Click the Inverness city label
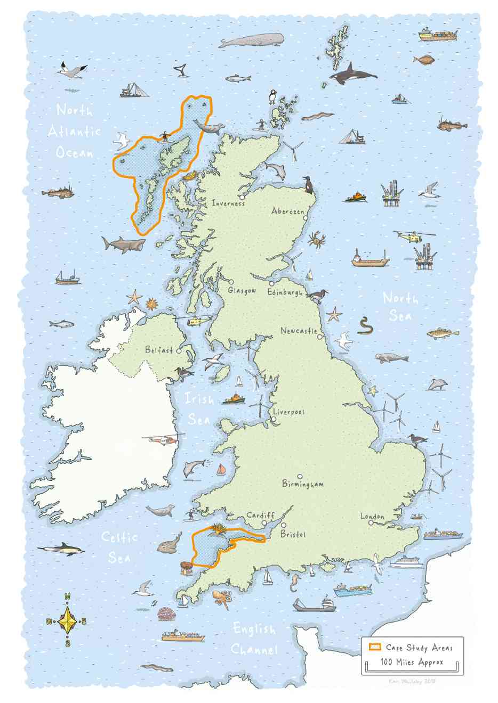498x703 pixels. coord(228,203)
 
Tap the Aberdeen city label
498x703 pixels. coord(287,211)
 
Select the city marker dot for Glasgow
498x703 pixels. coord(232,282)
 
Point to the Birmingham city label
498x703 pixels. coord(303,485)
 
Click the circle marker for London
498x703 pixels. coord(371,523)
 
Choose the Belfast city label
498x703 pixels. coord(159,350)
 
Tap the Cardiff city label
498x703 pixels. coord(260,516)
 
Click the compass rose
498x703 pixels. coord(68,621)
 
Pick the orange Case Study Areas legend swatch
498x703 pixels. coord(375,647)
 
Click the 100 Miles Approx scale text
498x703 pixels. coord(411,663)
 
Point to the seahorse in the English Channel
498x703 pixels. coord(295,584)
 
